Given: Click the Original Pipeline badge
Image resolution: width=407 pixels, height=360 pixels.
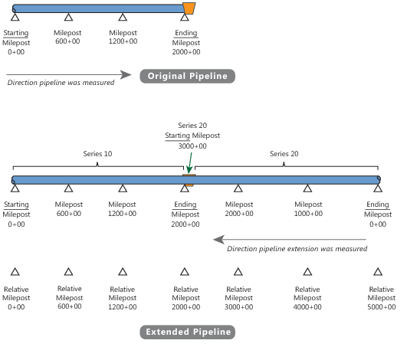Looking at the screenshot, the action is [x=188, y=76].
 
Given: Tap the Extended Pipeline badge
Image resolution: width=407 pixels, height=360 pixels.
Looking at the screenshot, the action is [x=188, y=332].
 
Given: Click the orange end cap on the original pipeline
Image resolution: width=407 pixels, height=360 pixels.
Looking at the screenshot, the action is [x=189, y=8].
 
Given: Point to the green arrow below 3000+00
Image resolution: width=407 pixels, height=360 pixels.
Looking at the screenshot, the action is [x=190, y=162].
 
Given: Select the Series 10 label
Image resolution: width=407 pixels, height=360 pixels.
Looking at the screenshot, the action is [x=97, y=154].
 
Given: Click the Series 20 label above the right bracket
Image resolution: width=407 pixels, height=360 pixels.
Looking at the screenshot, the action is [x=284, y=154].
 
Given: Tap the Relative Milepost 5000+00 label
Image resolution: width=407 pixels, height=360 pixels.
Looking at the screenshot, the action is [x=381, y=298].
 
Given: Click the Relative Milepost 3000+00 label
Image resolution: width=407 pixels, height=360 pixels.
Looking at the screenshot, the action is [x=238, y=298].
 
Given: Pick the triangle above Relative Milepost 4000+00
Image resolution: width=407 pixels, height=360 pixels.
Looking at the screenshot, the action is [x=307, y=272].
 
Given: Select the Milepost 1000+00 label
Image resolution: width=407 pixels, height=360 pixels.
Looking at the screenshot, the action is [x=308, y=209].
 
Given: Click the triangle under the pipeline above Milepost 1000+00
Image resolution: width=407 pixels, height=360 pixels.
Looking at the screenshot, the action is [x=307, y=188].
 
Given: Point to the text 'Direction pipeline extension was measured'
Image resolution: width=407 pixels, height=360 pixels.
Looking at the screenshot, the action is [x=297, y=249].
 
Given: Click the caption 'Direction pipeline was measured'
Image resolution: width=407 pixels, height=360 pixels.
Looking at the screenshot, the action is [x=61, y=83].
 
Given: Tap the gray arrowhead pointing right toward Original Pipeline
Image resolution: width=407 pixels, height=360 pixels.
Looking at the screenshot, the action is [x=126, y=75].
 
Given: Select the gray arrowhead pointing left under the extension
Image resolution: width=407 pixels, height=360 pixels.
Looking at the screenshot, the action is [x=218, y=240].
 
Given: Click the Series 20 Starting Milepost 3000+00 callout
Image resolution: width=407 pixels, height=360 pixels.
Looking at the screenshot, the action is [x=192, y=136].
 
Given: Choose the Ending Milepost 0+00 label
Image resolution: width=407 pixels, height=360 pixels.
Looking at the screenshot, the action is [x=378, y=214].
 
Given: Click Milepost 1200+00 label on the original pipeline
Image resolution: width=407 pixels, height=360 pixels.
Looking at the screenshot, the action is [x=123, y=37].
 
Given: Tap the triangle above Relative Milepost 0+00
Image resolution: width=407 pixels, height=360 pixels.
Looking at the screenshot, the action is [x=15, y=272].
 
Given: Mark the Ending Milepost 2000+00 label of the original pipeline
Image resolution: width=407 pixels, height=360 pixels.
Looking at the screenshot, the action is [x=186, y=42].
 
